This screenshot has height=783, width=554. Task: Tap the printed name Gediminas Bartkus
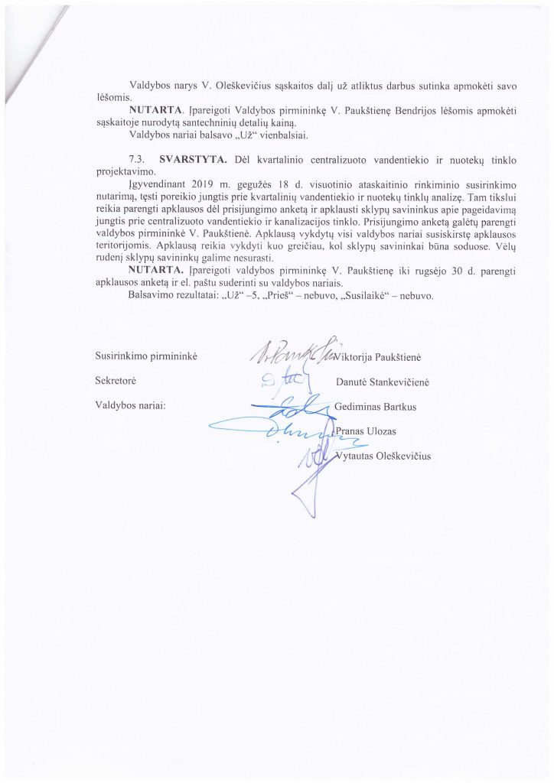pos(376,405)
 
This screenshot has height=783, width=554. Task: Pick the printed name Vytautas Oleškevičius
pos(385,456)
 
